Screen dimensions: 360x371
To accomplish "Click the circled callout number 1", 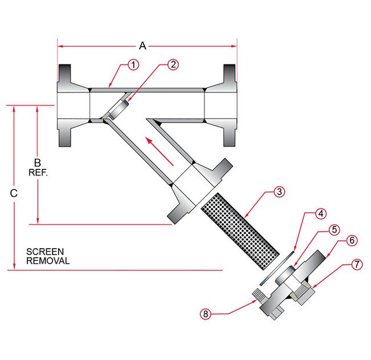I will (133, 65).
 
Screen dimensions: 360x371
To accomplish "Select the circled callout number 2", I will (174, 65).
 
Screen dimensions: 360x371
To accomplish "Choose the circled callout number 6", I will (352, 241).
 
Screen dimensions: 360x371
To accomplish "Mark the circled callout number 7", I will (356, 265).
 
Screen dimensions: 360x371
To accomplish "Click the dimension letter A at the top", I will (143, 46).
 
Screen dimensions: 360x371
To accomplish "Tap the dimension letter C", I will (14, 193).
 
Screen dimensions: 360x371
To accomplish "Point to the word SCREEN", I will (45, 252).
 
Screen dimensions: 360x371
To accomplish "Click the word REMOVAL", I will (48, 261).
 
